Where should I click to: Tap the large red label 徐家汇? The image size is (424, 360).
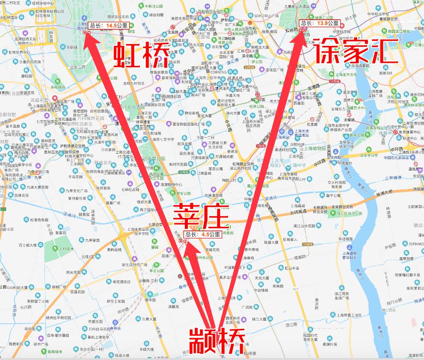(356, 53)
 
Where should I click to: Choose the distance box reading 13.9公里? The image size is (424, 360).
(319, 23)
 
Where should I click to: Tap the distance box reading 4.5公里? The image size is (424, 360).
(203, 234)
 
